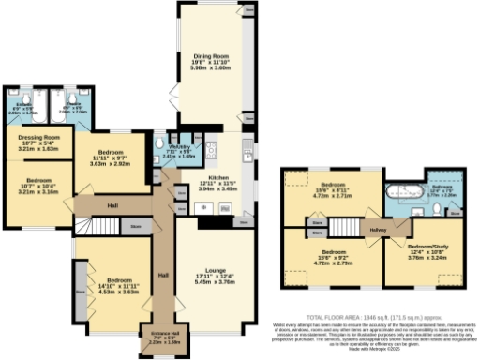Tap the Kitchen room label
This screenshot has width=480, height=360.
pyautogui.click(x=218, y=177)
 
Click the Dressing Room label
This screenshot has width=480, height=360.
pyautogui.click(x=38, y=138)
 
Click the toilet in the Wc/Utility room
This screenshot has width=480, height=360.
pyautogui.click(x=160, y=142)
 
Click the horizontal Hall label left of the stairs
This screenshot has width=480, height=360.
pyautogui.click(x=112, y=205)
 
